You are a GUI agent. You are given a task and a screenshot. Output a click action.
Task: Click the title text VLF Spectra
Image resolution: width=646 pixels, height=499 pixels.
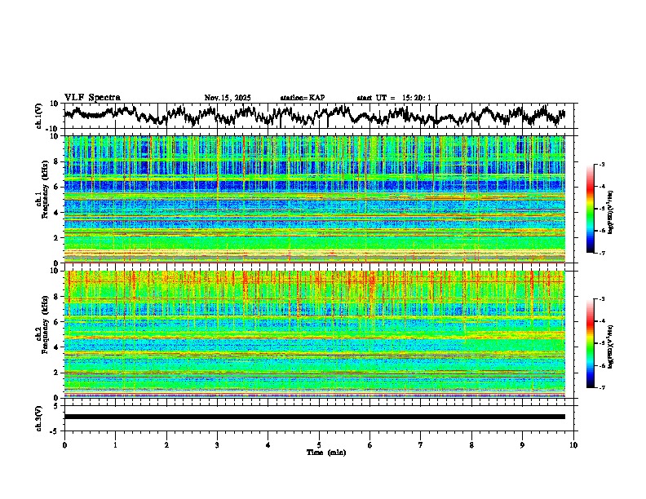[92, 98]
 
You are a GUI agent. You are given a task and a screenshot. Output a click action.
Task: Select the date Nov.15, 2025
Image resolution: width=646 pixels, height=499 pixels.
[228, 98]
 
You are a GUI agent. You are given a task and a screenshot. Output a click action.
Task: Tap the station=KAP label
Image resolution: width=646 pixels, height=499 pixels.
[303, 98]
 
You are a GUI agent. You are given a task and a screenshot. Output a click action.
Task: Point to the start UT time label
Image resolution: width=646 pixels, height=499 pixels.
[394, 98]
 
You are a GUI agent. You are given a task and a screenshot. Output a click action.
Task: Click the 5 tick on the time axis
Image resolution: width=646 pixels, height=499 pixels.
[319, 445]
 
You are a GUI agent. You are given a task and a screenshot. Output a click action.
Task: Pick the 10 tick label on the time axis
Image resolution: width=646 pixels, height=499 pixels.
[574, 445]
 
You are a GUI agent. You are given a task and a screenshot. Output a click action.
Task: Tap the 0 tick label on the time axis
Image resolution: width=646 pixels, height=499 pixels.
[64, 445]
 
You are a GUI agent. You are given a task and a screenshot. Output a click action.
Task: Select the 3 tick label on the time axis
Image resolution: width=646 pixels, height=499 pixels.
[217, 445]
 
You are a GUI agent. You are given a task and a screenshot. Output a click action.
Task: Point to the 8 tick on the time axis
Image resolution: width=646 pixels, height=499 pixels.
[472, 445]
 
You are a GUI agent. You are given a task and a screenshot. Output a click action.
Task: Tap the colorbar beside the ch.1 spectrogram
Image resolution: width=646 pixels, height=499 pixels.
[591, 209]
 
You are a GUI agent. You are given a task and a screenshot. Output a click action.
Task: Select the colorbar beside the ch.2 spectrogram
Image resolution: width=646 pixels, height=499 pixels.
[591, 343]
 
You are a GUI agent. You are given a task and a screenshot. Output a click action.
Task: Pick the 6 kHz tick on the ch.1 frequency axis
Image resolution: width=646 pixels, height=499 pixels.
[57, 187]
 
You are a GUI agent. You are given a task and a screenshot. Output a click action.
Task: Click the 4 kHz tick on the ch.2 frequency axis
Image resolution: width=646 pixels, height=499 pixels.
[57, 347]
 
